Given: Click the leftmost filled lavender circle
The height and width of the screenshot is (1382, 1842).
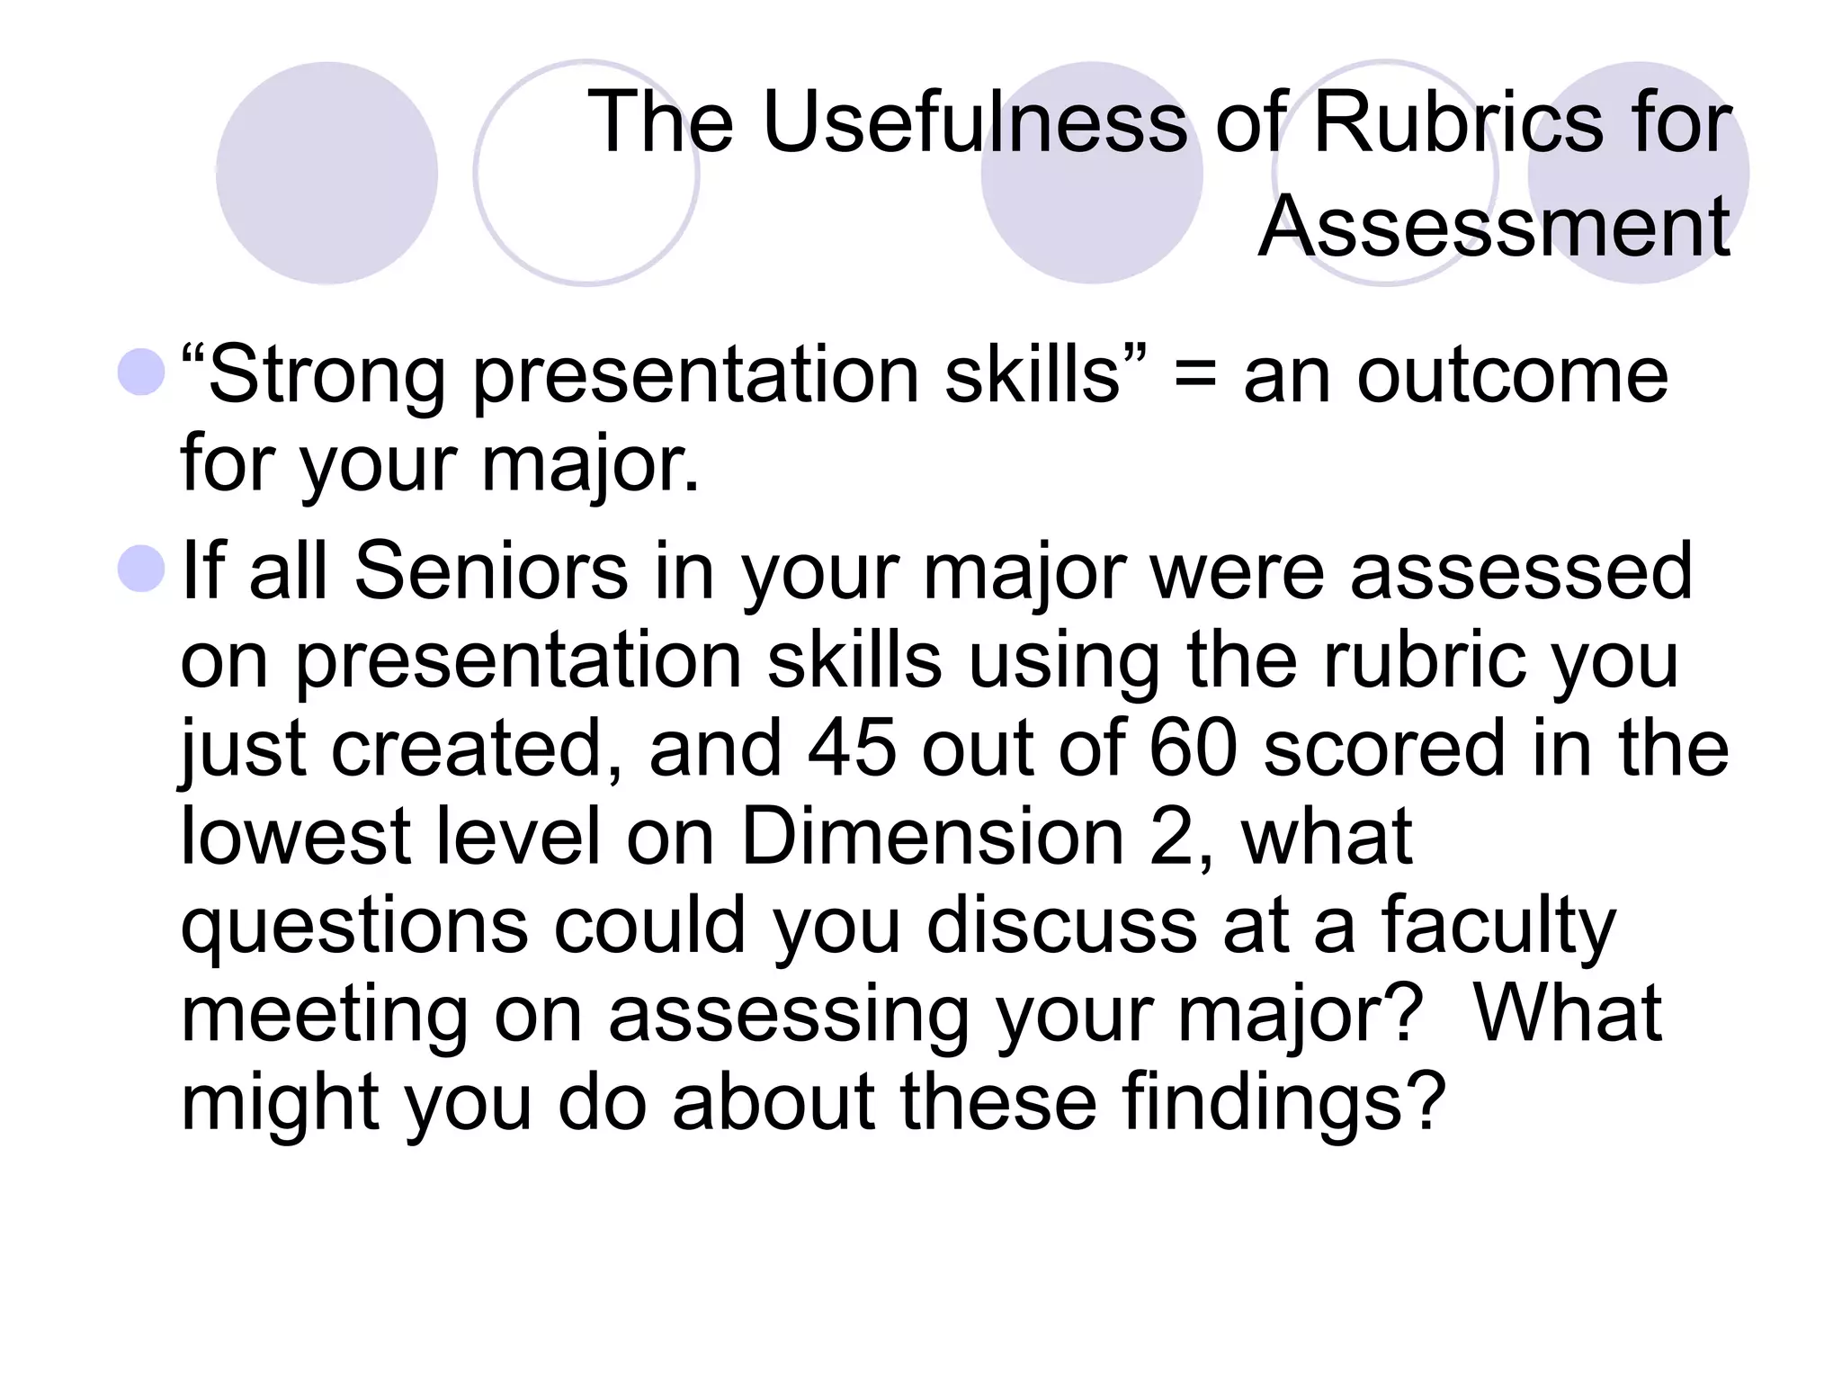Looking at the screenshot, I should point(326,173).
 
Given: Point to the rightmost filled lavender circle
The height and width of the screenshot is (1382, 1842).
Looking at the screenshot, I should point(1639,173).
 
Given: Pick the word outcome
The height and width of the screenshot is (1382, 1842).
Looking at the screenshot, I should point(1512,376).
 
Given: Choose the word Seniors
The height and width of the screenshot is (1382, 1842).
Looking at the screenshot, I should point(490,571).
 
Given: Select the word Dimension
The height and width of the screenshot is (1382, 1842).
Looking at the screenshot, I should point(932,837).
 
